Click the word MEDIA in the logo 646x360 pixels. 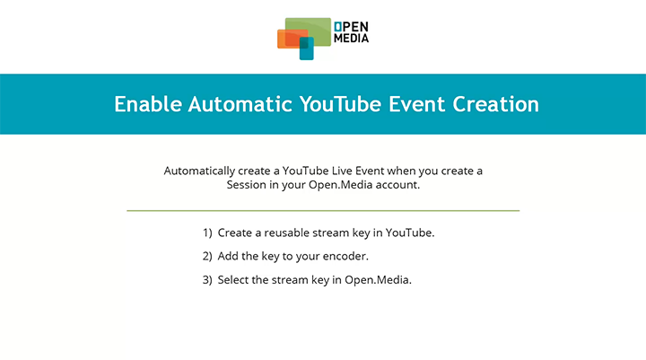(351, 39)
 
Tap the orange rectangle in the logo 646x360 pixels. (288, 39)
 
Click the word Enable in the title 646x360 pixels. (148, 104)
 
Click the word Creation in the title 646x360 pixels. (500, 104)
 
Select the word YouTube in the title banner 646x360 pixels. (340, 104)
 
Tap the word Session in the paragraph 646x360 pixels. (247, 186)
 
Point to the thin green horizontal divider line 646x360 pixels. (323, 211)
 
